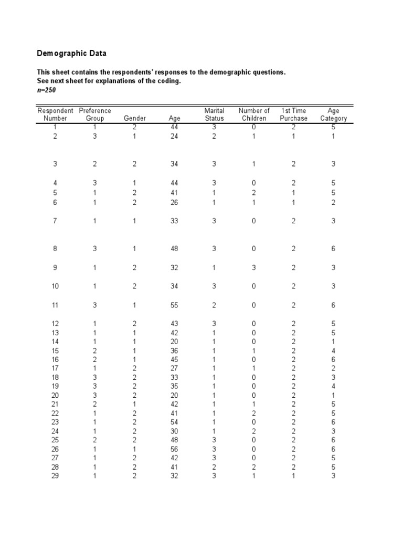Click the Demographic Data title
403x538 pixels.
point(71,54)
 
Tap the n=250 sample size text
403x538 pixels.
point(46,90)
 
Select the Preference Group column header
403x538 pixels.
point(95,115)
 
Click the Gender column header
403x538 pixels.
point(134,119)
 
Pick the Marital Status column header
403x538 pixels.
point(214,115)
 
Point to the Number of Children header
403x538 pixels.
point(254,115)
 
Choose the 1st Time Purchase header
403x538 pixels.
point(293,115)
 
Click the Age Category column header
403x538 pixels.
point(333,115)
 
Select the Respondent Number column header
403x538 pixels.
point(55,115)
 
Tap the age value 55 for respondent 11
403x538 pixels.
point(175,305)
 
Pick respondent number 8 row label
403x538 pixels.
point(55,249)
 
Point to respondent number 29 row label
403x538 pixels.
point(55,477)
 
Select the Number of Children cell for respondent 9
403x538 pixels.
point(253,268)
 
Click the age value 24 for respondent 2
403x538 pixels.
point(175,137)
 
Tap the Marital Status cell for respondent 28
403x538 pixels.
point(214,467)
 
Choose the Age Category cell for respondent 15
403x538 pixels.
point(333,351)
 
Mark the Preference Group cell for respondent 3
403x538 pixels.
point(95,164)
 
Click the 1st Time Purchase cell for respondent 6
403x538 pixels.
point(293,203)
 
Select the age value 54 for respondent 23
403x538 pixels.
point(175,422)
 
